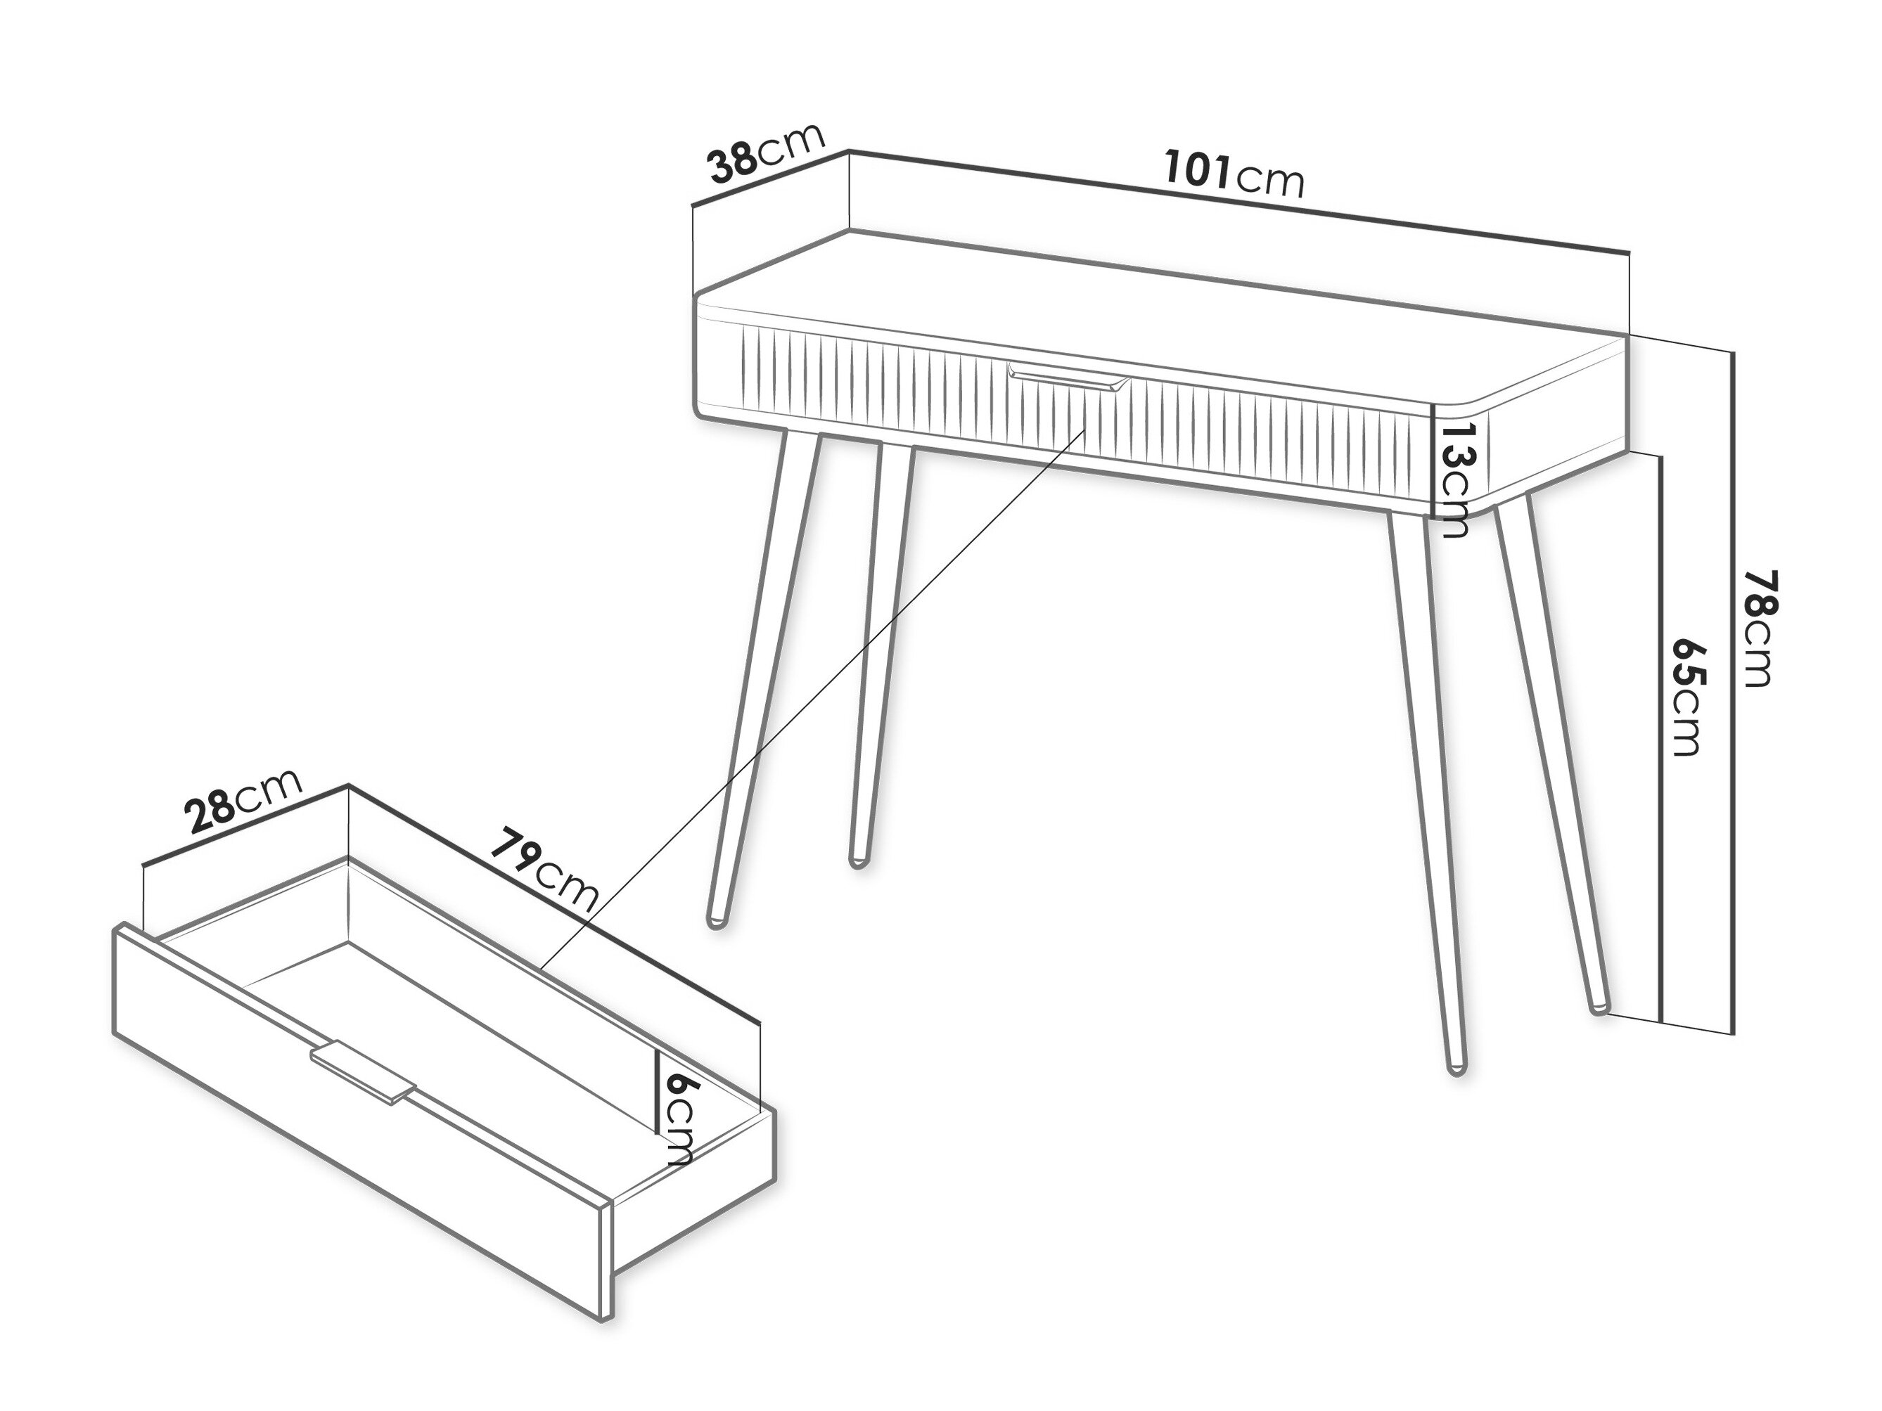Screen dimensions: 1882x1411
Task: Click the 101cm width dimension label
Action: point(1234,175)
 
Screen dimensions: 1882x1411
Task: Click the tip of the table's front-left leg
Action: point(717,924)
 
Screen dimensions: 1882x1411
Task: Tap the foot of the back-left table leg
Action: point(857,863)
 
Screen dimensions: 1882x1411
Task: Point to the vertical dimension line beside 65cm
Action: point(1660,737)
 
